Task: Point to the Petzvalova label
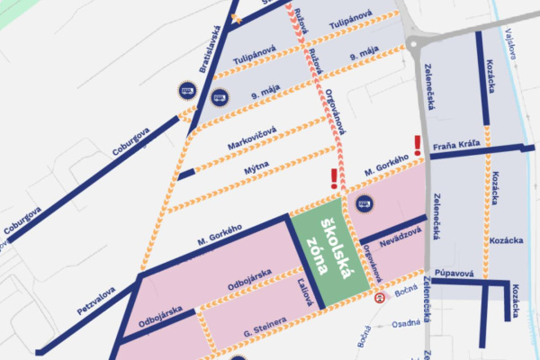pos(94,299)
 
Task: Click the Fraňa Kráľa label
pos(453,144)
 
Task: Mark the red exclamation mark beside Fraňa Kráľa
pos(417,144)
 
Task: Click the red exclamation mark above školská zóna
pos(334,178)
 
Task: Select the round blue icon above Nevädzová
pos(364,204)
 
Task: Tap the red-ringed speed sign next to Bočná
pos(381,298)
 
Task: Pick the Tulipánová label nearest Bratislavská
pos(253,59)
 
